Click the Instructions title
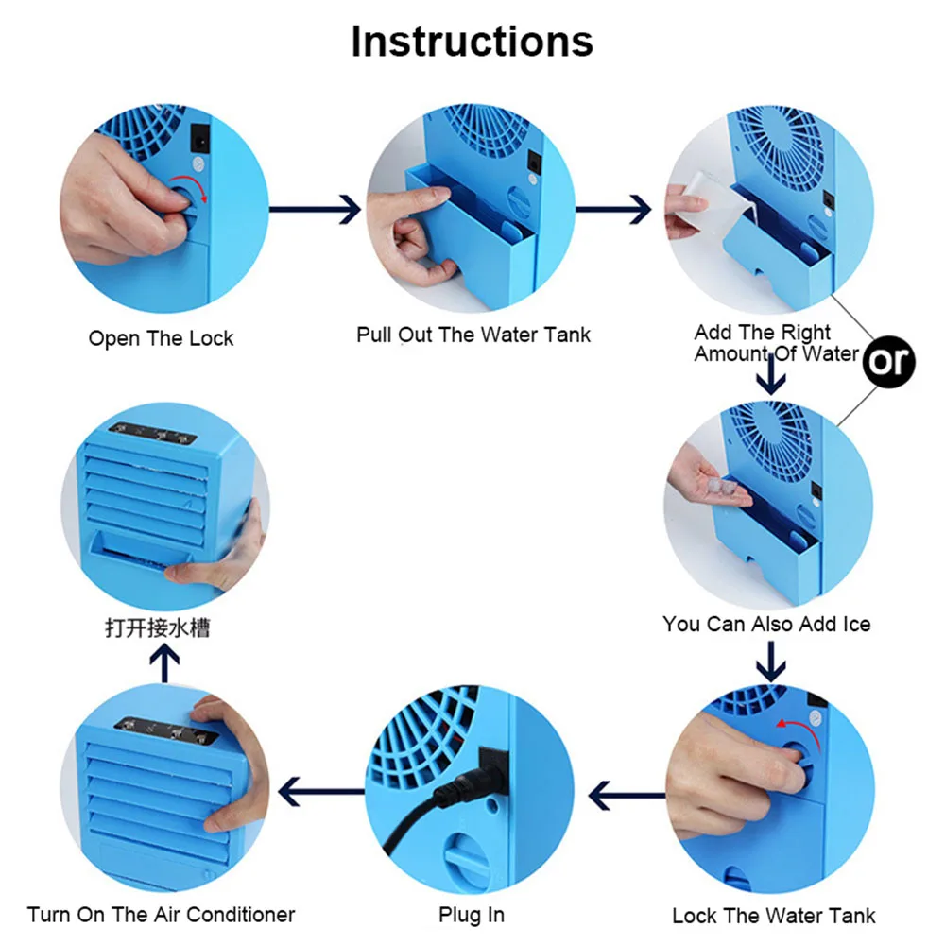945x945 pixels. pos(472,42)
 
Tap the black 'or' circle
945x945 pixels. pos(888,362)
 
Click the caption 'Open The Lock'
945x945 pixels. pos(161,338)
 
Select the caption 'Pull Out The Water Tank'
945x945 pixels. pos(473,335)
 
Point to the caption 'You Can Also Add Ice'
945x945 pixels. pos(766,624)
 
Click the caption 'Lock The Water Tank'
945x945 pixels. pos(773,916)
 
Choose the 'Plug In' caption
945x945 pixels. pos(472,914)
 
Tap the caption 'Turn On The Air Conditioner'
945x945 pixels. pos(161,914)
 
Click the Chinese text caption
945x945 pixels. pos(158,628)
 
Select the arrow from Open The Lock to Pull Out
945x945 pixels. pos(315,209)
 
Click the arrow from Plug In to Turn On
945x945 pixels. pos(322,791)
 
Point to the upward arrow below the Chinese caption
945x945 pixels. pos(164,663)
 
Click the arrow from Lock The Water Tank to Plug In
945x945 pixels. pos(627,796)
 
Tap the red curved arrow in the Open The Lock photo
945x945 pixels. pos(189,185)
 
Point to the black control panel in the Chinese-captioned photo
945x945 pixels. pos(152,433)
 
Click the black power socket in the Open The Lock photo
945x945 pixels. pos(200,140)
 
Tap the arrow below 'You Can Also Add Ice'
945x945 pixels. pos(771,661)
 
